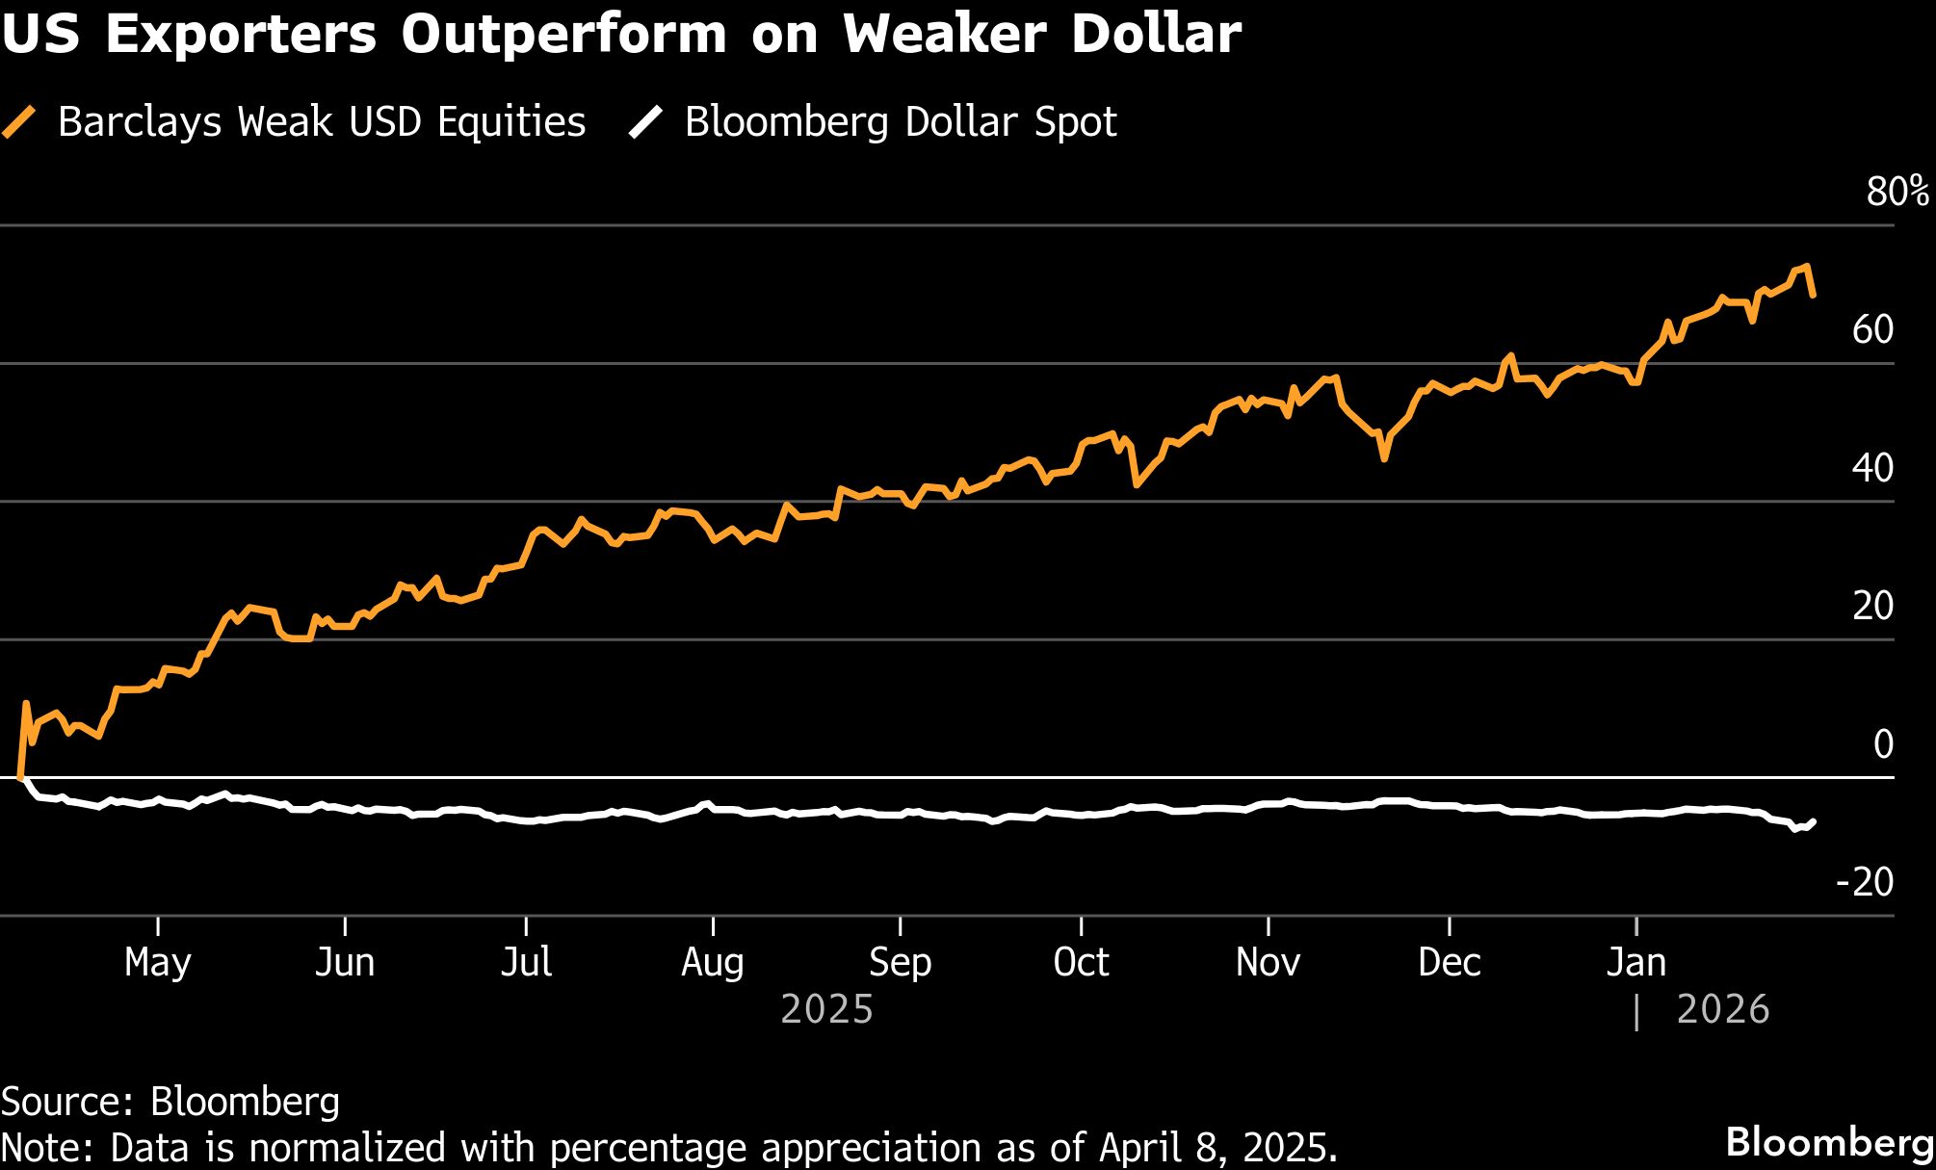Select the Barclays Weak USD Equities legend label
coord(322,122)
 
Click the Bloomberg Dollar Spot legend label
coord(900,122)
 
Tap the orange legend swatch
coord(19,122)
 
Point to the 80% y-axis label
coord(1897,192)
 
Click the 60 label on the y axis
coord(1871,330)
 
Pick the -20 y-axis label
coord(1865,882)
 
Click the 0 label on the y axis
coord(1883,744)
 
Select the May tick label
coord(158,962)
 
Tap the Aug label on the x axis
coord(713,962)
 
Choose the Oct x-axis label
coord(1081,962)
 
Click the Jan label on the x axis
coord(1635,962)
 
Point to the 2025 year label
coord(826,1009)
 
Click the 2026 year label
coord(1722,1009)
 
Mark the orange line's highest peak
coord(1807,267)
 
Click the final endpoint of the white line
coord(1814,821)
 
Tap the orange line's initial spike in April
coord(26,704)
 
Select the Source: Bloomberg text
coord(170,1102)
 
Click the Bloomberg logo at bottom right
coord(1828,1142)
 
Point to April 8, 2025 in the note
coord(1217,1148)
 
